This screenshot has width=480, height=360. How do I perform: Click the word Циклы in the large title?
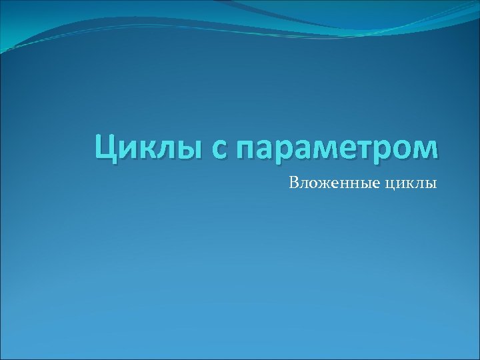coord(141,147)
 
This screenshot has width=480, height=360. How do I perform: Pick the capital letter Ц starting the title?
coord(105,147)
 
